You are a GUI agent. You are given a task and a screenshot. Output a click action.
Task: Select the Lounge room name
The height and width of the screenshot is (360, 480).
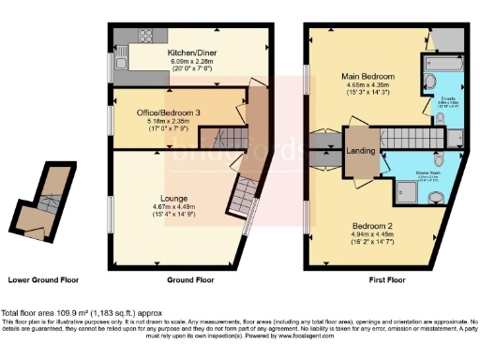(x=187, y=199)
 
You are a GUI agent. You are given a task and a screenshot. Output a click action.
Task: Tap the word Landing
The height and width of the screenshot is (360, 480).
(x=361, y=154)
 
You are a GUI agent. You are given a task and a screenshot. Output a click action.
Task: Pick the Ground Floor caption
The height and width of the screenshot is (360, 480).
(x=191, y=279)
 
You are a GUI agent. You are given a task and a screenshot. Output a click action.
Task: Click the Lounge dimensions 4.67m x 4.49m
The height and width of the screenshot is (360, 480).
(x=187, y=209)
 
